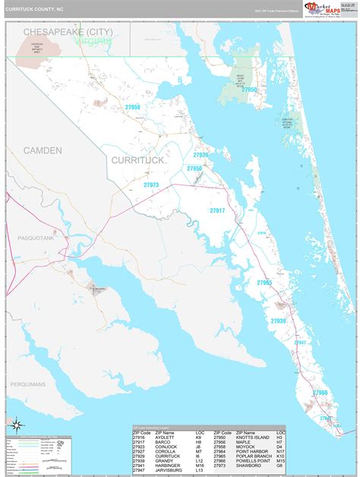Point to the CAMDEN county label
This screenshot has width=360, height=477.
[x=43, y=150]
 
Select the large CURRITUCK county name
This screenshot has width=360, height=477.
[x=137, y=160]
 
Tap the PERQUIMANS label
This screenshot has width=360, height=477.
[x=28, y=384]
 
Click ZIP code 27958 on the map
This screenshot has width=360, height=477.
[x=133, y=107]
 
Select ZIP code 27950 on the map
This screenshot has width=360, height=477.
[x=249, y=90]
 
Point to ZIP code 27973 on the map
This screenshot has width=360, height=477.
[x=151, y=185]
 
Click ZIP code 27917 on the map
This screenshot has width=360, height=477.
[x=218, y=210]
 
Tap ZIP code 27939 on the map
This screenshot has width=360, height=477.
[x=278, y=321]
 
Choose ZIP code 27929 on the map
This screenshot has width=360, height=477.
[x=200, y=155]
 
